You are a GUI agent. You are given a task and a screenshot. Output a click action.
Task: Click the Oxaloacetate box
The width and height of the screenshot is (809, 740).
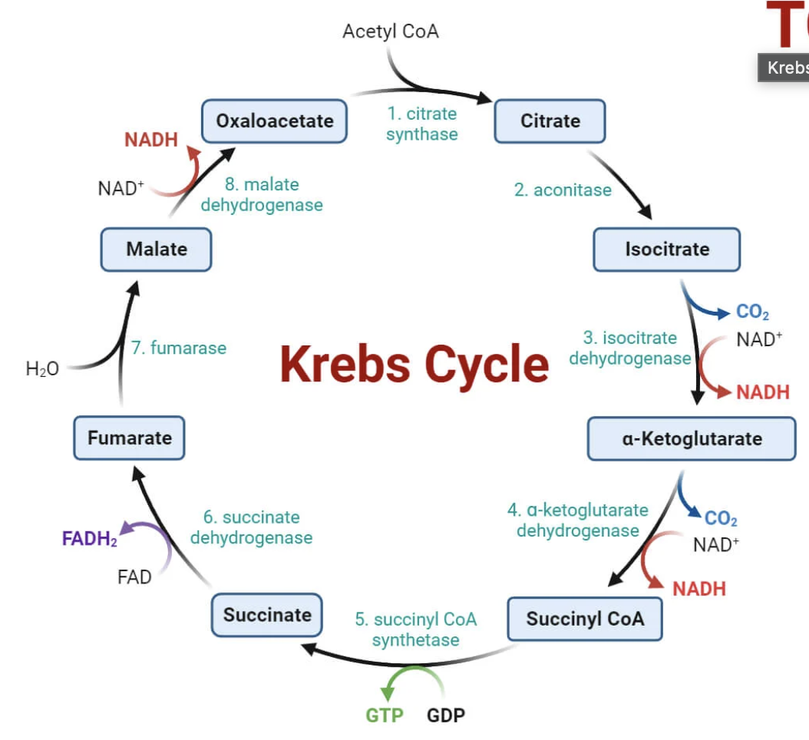pyautogui.click(x=274, y=121)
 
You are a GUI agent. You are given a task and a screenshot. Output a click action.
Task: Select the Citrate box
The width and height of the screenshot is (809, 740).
pyautogui.click(x=550, y=121)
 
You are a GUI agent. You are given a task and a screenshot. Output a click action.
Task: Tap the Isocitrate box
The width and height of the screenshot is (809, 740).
pyautogui.click(x=666, y=249)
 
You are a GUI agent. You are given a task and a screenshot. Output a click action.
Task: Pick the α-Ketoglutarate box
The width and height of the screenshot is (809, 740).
pyautogui.click(x=691, y=438)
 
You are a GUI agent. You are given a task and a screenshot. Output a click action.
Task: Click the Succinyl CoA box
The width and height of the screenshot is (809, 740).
pyautogui.click(x=584, y=619)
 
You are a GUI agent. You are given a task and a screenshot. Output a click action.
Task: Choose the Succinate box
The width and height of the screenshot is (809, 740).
pyautogui.click(x=267, y=614)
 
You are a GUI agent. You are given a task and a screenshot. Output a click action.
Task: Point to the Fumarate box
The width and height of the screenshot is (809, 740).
pyautogui.click(x=129, y=438)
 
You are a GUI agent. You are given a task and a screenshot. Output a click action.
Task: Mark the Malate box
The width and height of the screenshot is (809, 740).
pyautogui.click(x=156, y=249)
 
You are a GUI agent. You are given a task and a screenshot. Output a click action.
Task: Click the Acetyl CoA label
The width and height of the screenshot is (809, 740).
pyautogui.click(x=391, y=31)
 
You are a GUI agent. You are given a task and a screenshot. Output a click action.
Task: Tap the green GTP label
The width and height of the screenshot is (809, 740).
pyautogui.click(x=385, y=715)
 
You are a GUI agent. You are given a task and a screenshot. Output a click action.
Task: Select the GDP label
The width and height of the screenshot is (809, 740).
pyautogui.click(x=446, y=715)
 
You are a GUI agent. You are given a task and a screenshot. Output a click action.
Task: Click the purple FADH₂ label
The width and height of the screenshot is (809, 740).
pyautogui.click(x=90, y=538)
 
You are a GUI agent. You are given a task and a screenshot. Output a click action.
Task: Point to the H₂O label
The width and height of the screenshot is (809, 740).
pyautogui.click(x=42, y=369)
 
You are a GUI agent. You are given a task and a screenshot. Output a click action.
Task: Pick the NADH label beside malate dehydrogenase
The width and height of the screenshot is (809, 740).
pyautogui.click(x=151, y=140)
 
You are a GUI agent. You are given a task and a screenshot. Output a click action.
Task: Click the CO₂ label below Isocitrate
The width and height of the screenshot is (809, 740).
pyautogui.click(x=752, y=312)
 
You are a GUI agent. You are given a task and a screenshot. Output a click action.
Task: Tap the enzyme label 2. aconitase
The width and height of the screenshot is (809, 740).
pyautogui.click(x=563, y=190)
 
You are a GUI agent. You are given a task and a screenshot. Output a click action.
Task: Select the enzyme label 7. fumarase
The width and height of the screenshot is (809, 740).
pyautogui.click(x=179, y=348)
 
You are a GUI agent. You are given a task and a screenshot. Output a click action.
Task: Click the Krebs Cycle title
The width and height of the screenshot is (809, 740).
pyautogui.click(x=414, y=363)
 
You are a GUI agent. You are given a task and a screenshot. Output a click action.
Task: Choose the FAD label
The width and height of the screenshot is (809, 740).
pyautogui.click(x=134, y=576)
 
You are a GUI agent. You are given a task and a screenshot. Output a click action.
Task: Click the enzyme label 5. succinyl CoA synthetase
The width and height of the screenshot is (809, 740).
pyautogui.click(x=415, y=629)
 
